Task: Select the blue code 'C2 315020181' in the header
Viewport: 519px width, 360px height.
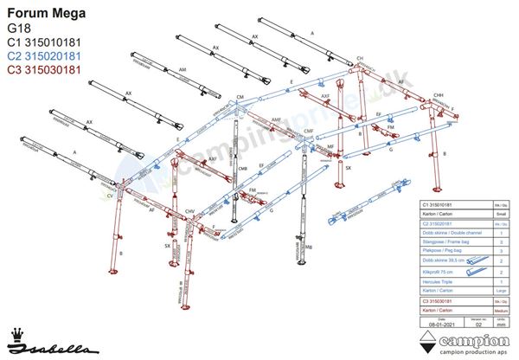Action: coord(44,55)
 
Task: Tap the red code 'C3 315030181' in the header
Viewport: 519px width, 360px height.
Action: coord(44,69)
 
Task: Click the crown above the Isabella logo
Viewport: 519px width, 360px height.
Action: coord(17,333)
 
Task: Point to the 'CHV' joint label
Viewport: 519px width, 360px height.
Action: coord(189,210)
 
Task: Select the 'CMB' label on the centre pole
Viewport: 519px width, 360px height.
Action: coord(243,168)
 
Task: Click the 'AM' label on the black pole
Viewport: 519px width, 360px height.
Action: coord(182,68)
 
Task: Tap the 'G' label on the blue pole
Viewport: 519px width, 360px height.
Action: coord(391,149)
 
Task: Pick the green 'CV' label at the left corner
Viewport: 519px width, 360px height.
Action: coord(110,197)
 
